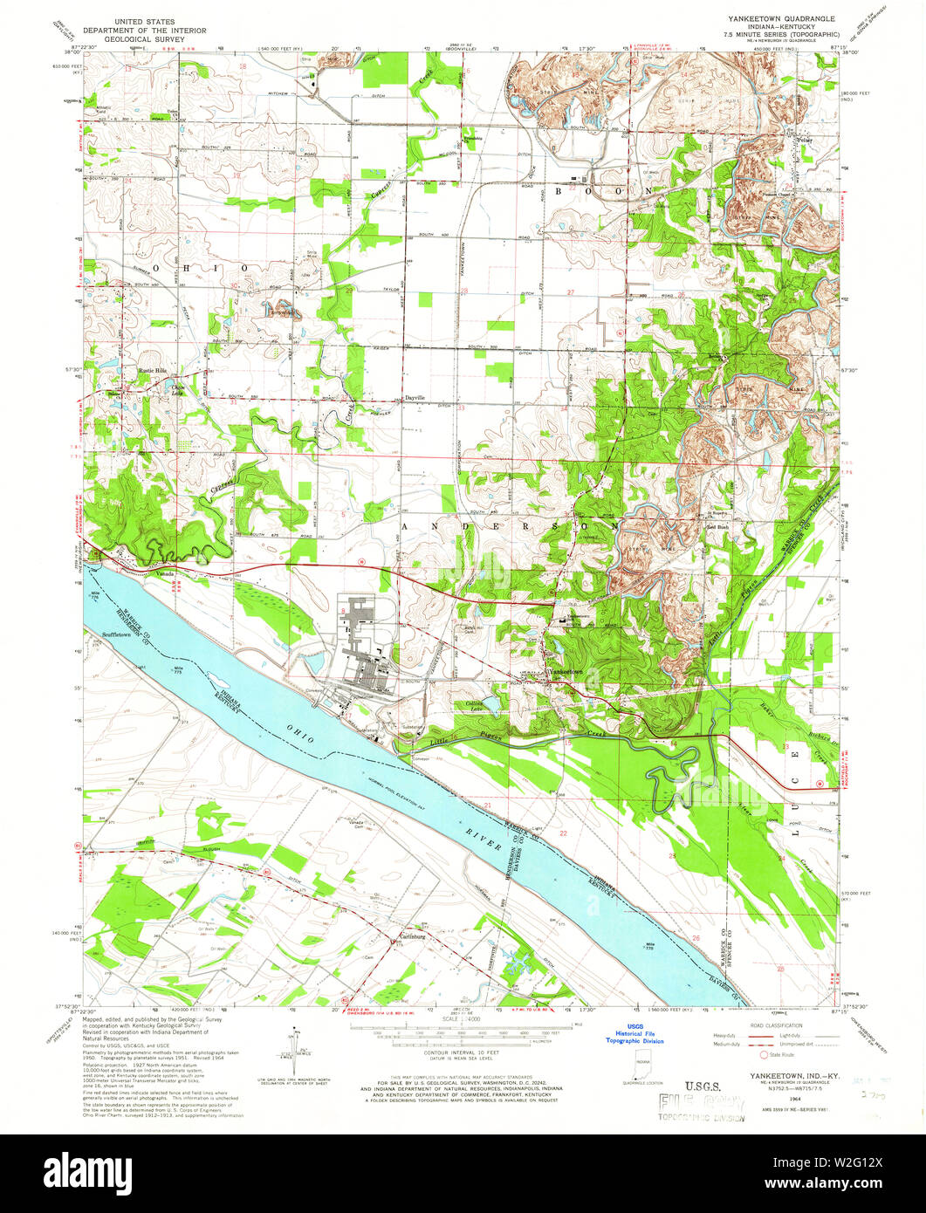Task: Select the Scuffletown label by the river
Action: click(116, 634)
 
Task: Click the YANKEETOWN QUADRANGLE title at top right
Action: click(773, 18)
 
